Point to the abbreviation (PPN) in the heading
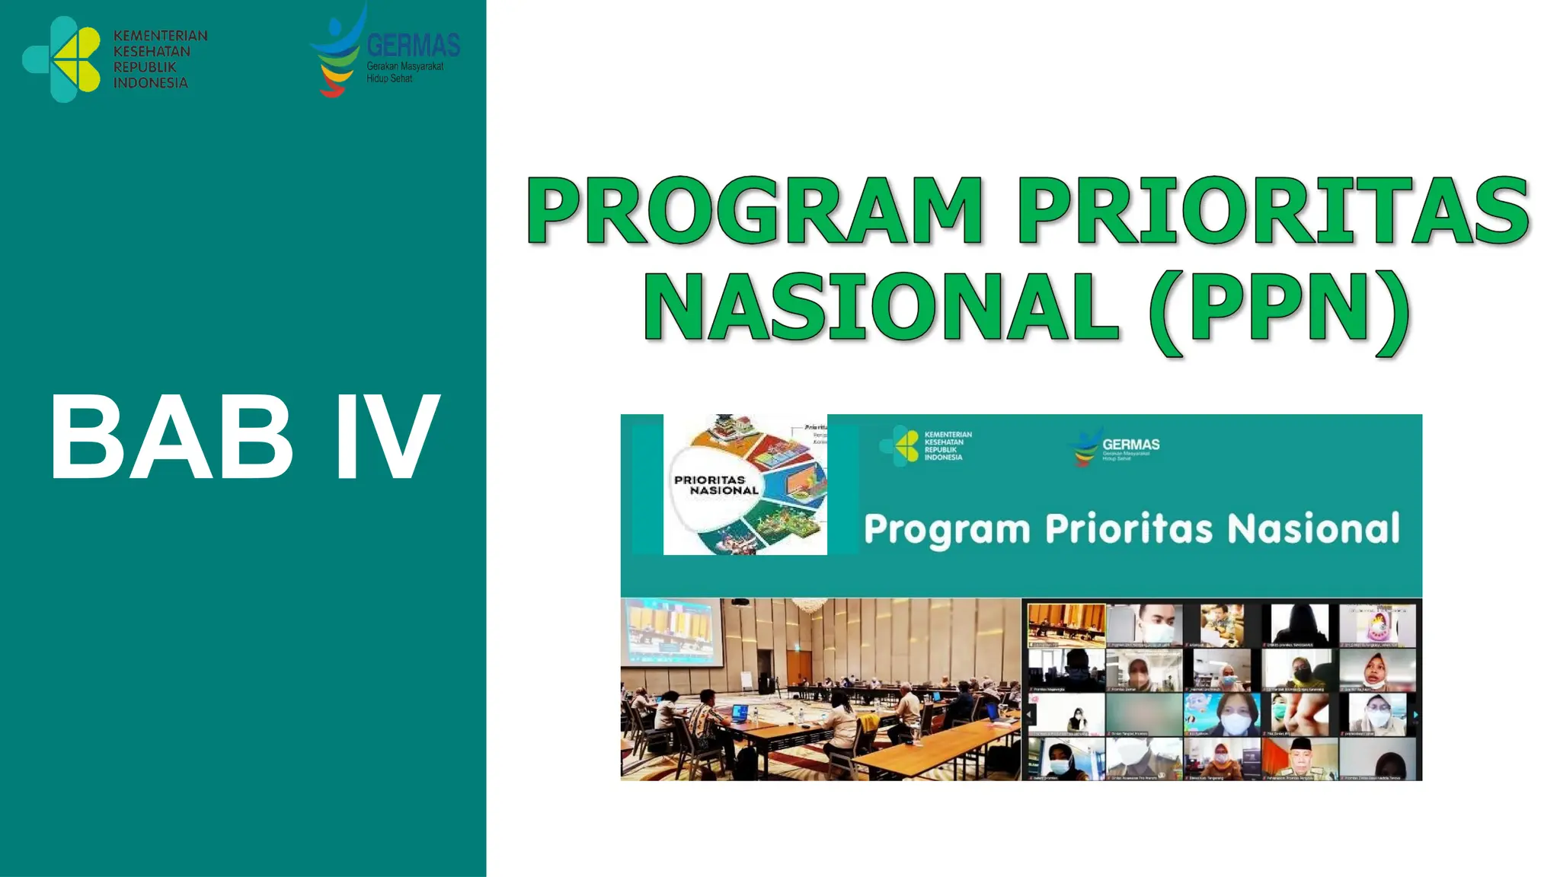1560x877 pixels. point(1280,308)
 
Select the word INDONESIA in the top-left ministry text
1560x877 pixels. point(151,83)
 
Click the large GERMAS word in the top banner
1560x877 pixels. point(413,46)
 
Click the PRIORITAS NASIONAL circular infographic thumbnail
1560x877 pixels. point(745,484)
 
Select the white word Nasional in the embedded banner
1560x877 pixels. point(1313,528)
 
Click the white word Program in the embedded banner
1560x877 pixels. point(947,530)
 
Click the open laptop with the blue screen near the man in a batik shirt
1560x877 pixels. point(740,713)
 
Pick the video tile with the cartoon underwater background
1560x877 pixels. point(1222,713)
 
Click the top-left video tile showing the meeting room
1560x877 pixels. point(1066,625)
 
